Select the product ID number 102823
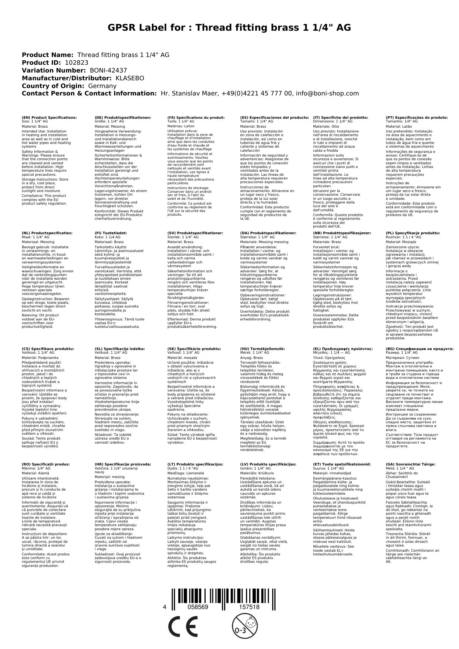tap(77, 63)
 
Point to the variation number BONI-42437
tap(108, 71)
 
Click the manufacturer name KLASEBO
tap(130, 78)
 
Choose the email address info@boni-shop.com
tap(325, 94)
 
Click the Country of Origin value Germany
tap(102, 86)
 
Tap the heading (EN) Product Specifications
tap(49, 118)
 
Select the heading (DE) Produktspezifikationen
tap(123, 118)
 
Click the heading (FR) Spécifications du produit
tap(196, 118)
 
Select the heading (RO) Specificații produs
tap(46, 464)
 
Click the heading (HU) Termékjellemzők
tap(263, 349)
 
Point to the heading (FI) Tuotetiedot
tap(111, 233)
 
